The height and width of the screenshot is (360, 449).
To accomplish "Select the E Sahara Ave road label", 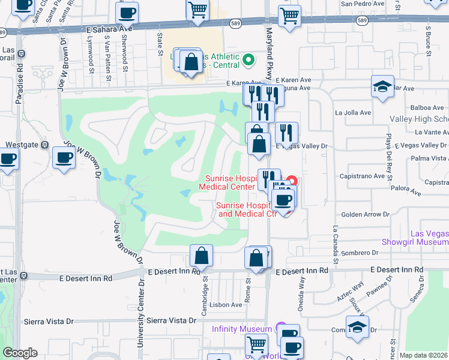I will [x=108, y=28].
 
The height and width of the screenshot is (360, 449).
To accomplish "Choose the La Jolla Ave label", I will [x=353, y=112].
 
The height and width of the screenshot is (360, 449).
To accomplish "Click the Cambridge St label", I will [x=205, y=287].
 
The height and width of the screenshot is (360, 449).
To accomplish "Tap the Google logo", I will [x=20, y=353].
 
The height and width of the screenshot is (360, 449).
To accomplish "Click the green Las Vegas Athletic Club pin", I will [x=248, y=59].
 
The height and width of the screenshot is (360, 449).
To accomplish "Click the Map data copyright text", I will [x=423, y=355].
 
